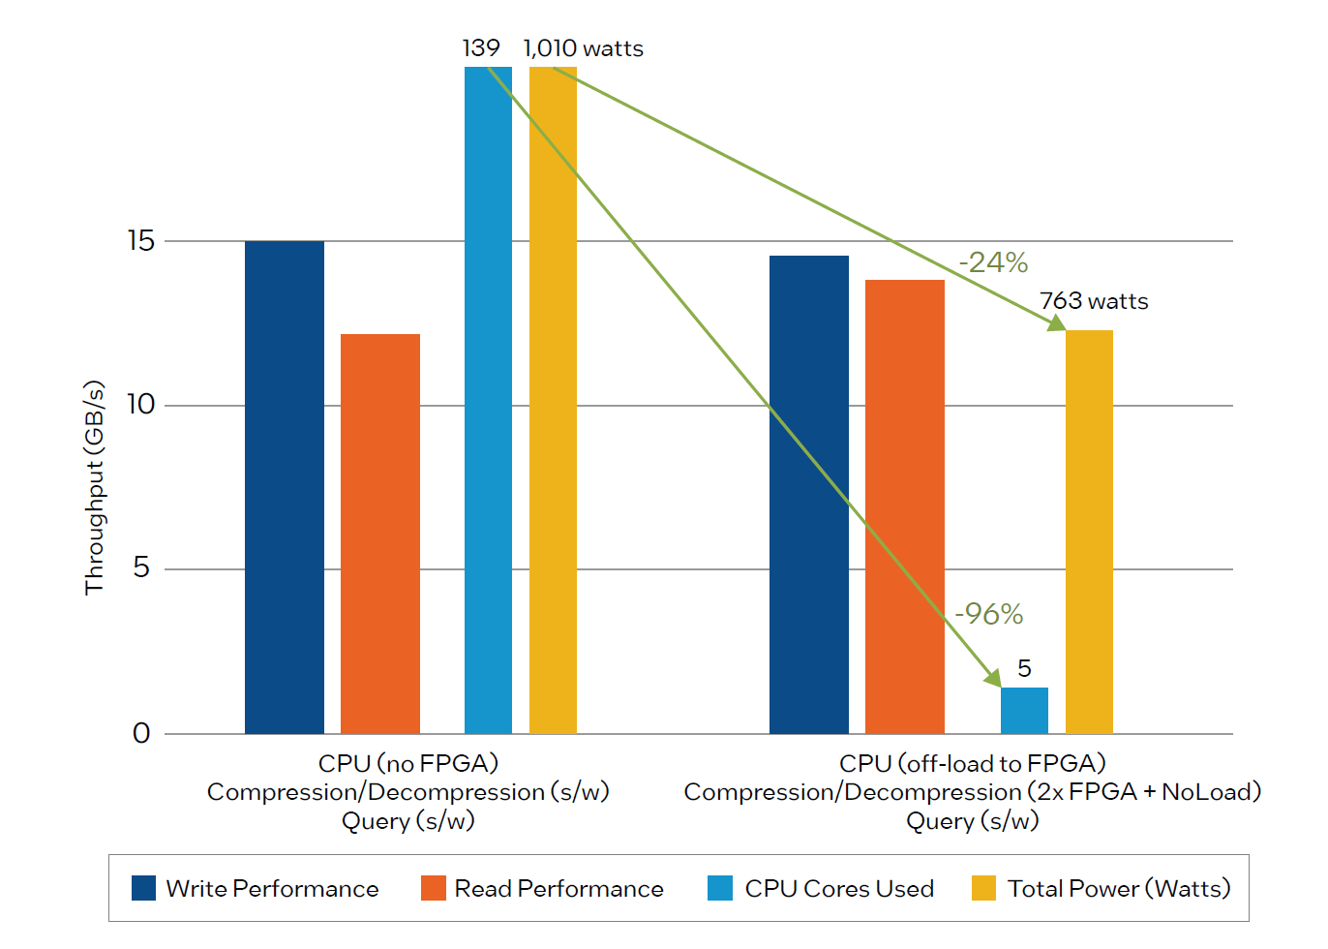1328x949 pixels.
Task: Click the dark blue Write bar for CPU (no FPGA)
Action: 284,487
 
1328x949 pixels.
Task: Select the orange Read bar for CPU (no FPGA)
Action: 379,534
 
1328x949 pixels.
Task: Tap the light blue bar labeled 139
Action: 488,400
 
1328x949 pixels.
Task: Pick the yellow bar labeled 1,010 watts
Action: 553,400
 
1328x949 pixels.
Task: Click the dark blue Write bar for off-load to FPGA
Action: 808,494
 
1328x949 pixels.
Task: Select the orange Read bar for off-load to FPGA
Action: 904,506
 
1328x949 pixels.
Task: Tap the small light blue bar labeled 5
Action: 1024,711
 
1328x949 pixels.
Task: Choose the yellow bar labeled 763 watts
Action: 1089,532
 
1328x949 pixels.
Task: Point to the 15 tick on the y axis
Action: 141,241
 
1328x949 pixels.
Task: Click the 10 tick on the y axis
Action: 141,405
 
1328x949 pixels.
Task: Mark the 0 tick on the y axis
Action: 141,733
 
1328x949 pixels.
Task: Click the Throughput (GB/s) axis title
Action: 94,487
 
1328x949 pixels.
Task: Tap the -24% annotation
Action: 993,262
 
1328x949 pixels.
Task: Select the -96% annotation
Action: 988,614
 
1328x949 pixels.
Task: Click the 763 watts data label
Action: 1094,301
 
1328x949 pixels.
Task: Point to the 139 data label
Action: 481,48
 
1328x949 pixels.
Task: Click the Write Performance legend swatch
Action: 143,888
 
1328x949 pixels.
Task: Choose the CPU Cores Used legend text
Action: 838,888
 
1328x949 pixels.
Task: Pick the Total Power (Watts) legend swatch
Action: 983,888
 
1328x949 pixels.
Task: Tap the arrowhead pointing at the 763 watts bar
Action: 1057,323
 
